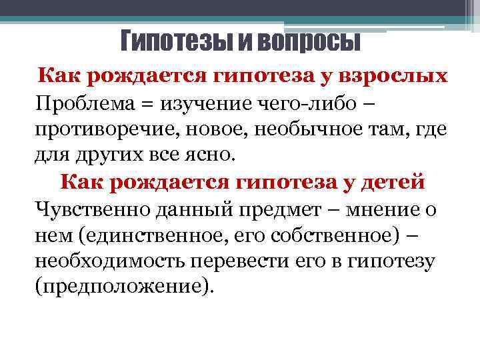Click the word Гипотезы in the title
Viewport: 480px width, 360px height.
tap(168, 42)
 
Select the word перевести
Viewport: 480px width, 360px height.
tap(253, 261)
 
